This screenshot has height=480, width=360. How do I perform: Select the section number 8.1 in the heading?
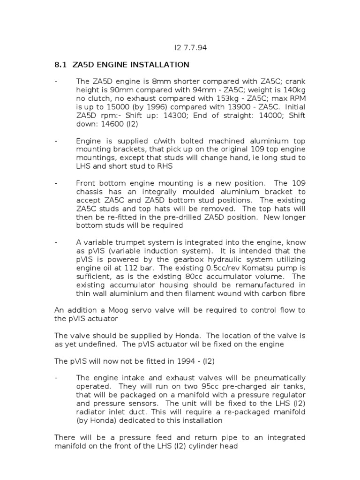(61, 65)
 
